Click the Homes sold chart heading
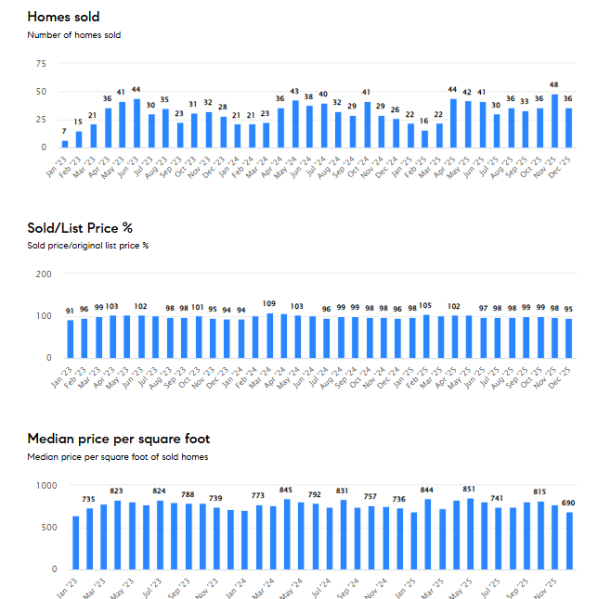[x=64, y=17]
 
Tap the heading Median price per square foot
[x=119, y=439]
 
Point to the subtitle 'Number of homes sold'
[x=74, y=35]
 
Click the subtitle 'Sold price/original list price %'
[x=88, y=246]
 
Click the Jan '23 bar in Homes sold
[x=64, y=144]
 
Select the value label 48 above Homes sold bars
[x=553, y=84]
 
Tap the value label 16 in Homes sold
[x=423, y=121]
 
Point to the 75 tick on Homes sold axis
[x=40, y=64]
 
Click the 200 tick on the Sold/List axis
[x=43, y=274]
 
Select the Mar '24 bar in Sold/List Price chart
[x=270, y=335]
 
